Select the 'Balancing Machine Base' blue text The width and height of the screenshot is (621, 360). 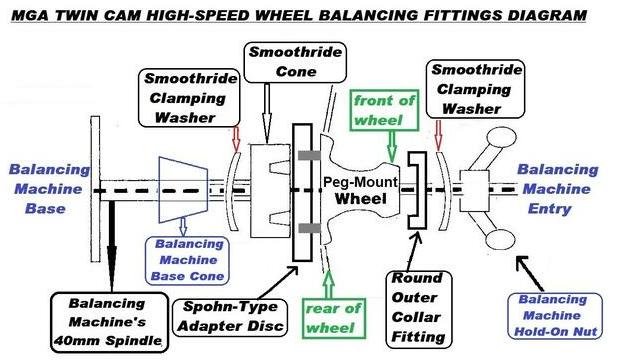pos(38,190)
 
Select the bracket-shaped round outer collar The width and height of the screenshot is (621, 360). pos(418,190)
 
